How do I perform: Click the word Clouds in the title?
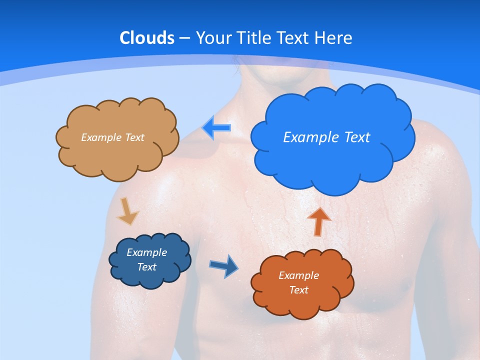(147, 38)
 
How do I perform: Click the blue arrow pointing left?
(216, 128)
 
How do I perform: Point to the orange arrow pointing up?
(318, 221)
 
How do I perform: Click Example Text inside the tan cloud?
(112, 137)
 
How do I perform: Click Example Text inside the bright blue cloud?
(326, 137)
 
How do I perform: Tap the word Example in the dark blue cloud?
(146, 252)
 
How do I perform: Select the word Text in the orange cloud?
(298, 290)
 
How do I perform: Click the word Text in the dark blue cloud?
(146, 267)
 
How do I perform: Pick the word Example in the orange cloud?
(298, 275)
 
